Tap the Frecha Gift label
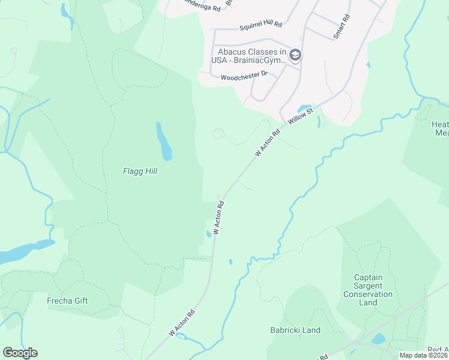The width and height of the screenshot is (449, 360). click(67, 301)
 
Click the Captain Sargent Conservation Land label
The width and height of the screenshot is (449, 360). click(369, 290)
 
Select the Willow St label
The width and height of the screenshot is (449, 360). click(301, 116)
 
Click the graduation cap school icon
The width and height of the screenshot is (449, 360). click(295, 56)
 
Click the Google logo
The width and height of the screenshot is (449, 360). click(20, 353)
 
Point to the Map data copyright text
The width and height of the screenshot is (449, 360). click(423, 355)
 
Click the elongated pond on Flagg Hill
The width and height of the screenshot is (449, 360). click(163, 142)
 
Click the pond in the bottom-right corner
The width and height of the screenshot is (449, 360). click(378, 339)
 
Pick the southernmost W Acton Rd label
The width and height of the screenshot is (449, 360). click(182, 322)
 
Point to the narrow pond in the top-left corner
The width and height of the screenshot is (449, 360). click(67, 17)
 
